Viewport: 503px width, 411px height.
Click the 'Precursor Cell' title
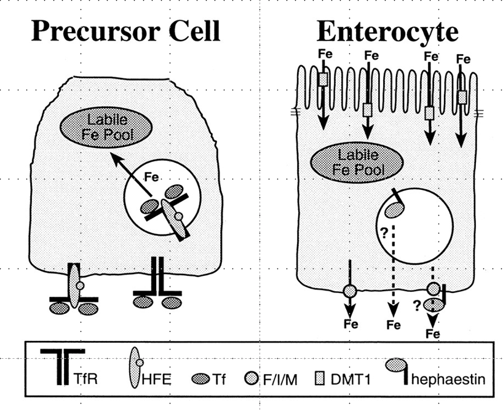click(125, 29)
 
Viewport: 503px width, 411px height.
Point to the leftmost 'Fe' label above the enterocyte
click(325, 55)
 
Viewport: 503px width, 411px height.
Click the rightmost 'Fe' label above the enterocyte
click(464, 60)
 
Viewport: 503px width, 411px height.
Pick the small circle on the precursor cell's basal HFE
click(79, 286)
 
